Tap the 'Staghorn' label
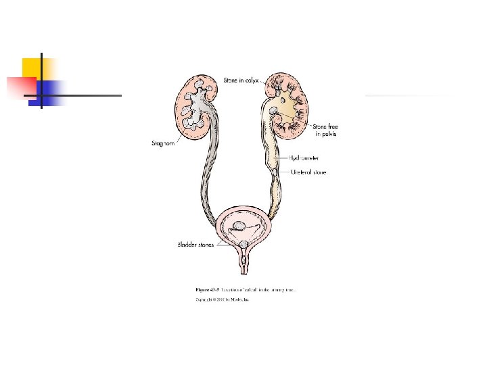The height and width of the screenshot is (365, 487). [x=162, y=143]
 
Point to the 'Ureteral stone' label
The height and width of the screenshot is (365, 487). [x=308, y=172]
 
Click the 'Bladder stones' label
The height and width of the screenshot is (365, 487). [x=195, y=245]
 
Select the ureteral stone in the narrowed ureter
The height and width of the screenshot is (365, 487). [x=275, y=173]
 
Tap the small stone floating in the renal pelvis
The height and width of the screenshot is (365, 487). [x=275, y=112]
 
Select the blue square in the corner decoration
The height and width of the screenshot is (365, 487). [x=51, y=90]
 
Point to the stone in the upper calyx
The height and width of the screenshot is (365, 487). [x=277, y=84]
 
